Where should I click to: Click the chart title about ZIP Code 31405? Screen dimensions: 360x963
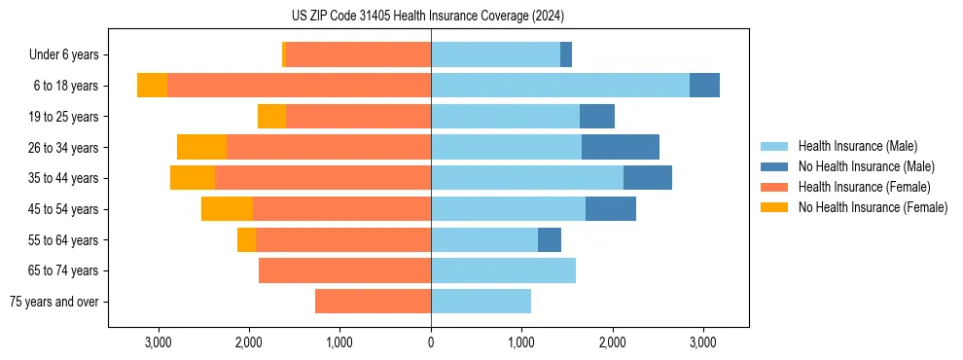[427, 16]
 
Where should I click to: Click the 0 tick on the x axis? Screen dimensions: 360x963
[431, 342]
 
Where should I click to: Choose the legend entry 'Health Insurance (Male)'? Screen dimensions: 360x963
[857, 146]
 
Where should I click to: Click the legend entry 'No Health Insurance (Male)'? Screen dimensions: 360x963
[866, 166]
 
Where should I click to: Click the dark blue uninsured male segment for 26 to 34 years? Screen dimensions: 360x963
[621, 147]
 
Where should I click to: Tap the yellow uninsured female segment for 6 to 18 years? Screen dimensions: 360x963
[152, 86]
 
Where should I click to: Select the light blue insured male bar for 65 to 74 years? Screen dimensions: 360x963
[503, 270]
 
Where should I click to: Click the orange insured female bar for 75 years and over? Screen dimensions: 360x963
[373, 302]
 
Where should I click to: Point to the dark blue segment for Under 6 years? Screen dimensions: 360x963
[566, 55]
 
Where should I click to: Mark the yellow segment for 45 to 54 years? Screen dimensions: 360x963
[227, 209]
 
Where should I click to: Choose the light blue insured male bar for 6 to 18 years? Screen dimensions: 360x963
[560, 86]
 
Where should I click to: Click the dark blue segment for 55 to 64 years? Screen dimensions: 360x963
[550, 239]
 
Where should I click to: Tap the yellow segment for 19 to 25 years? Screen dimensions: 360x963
[271, 117]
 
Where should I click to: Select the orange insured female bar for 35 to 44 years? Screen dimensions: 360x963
[323, 178]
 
